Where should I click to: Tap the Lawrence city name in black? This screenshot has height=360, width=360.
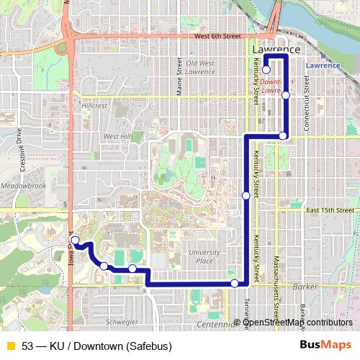pyautogui.click(x=276, y=50)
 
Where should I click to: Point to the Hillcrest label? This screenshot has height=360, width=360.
pyautogui.click(x=94, y=105)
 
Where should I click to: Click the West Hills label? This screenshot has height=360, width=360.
pyautogui.click(x=118, y=136)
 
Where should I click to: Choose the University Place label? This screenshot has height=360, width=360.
pyautogui.click(x=204, y=256)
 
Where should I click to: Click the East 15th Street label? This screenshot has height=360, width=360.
pyautogui.click(x=331, y=210)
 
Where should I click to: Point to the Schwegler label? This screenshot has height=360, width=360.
pyautogui.click(x=120, y=322)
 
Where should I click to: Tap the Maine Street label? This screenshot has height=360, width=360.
pyautogui.click(x=179, y=76)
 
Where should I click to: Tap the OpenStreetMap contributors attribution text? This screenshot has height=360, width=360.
pyautogui.click(x=298, y=322)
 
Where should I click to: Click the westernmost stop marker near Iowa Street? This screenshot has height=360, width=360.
pyautogui.click(x=75, y=240)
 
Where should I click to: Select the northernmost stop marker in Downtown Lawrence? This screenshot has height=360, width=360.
pyautogui.click(x=266, y=70)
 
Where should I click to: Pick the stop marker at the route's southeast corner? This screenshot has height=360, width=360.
pyautogui.click(x=234, y=283)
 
